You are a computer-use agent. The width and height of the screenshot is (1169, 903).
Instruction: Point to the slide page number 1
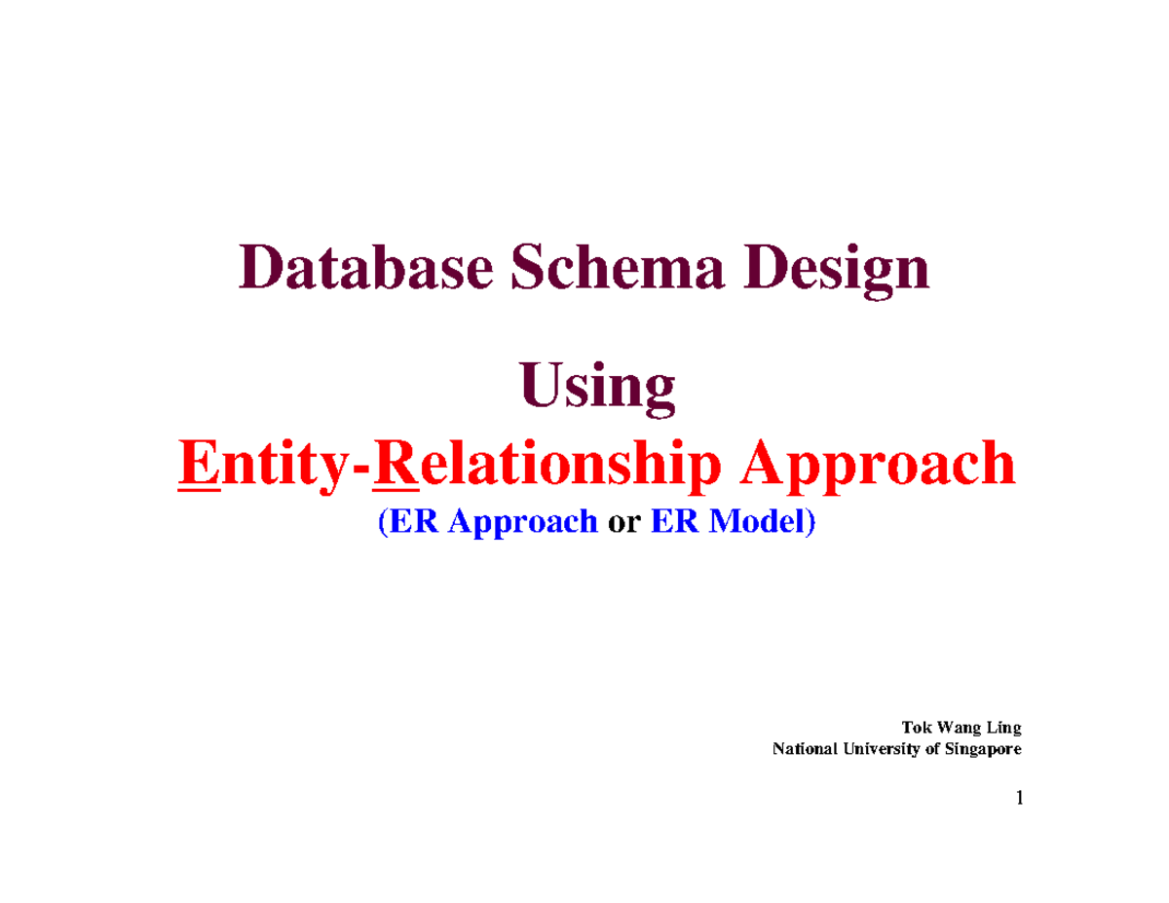click(1019, 799)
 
